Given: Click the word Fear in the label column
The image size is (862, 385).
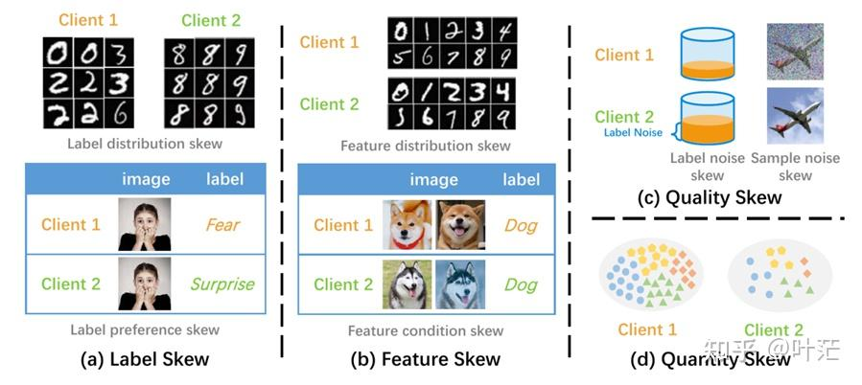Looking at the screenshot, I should click(x=221, y=225).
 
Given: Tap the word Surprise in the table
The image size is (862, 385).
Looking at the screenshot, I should click(x=221, y=283).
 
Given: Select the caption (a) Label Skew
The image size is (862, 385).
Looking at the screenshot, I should click(x=144, y=359).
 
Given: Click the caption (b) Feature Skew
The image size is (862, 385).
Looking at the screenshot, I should click(x=427, y=359).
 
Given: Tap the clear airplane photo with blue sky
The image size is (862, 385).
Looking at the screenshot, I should click(x=795, y=116).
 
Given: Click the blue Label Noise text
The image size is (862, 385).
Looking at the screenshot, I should click(x=632, y=132).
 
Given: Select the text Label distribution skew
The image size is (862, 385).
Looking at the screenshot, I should click(x=145, y=144).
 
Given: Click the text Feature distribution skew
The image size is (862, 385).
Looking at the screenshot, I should click(x=426, y=146).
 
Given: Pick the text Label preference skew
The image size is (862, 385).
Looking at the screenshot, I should click(x=145, y=329).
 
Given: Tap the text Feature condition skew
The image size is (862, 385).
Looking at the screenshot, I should click(x=426, y=330).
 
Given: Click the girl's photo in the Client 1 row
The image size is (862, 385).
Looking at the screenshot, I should click(x=145, y=225).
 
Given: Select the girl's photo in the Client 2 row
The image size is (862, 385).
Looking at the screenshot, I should click(x=145, y=283).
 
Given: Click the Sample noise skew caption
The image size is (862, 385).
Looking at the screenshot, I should click(x=795, y=167).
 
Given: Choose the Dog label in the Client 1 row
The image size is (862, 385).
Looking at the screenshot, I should click(x=522, y=226).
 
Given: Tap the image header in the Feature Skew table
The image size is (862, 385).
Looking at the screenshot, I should click(x=433, y=179).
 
